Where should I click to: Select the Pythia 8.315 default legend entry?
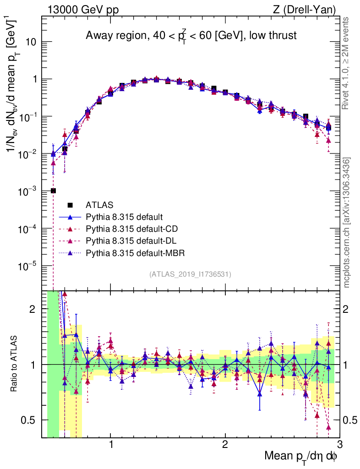click(124, 217)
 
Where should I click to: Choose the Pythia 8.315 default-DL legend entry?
click(130, 240)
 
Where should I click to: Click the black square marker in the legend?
click(71, 205)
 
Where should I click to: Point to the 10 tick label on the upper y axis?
click(30, 42)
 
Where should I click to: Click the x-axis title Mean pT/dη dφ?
click(301, 457)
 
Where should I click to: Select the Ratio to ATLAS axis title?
click(15, 364)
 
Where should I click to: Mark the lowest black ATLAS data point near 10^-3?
click(53, 191)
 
